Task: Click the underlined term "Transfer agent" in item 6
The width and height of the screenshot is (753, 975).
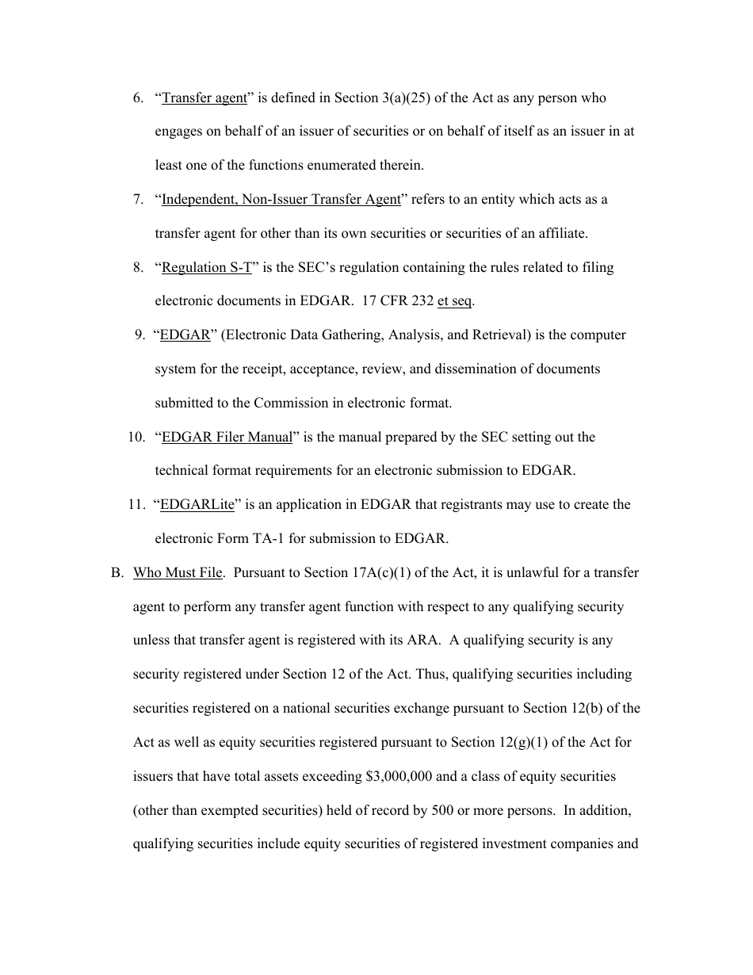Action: coord(204,98)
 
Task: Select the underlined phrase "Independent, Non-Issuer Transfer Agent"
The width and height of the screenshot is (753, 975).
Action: coord(281,200)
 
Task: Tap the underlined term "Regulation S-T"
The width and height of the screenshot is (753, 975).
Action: coord(206,268)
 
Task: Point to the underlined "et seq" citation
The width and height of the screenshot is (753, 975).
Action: coord(454,302)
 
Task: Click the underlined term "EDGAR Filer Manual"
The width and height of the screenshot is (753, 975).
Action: coord(227,438)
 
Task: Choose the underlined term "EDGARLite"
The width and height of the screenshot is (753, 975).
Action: coord(197,505)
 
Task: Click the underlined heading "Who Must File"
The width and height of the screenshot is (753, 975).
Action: coord(178,573)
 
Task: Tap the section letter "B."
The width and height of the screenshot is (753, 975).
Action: coord(118,573)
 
